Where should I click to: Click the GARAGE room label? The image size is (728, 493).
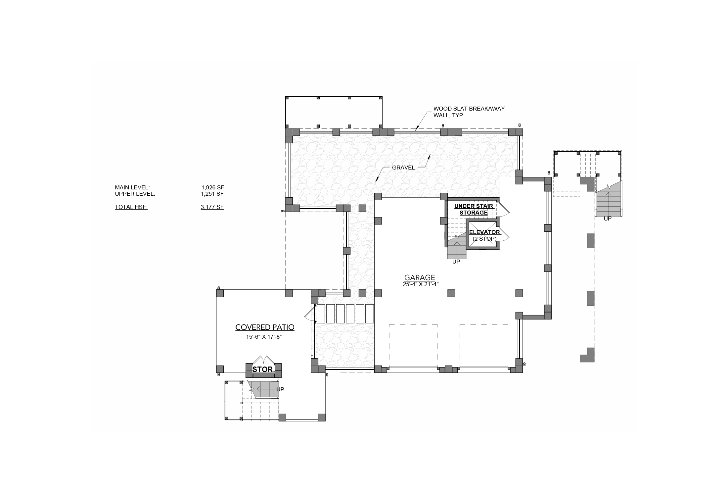point(420,277)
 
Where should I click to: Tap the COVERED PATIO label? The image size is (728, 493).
point(265,327)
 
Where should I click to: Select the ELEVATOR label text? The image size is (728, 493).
point(484,232)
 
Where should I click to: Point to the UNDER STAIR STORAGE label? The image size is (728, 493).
point(474,209)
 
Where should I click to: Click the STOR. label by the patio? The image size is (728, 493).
point(264,370)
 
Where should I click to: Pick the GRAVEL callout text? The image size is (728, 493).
point(403,168)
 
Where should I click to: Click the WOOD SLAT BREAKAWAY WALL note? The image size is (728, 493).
point(469,112)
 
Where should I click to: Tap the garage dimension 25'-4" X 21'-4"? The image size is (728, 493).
point(420,284)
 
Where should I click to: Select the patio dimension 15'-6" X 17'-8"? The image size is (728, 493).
point(264,337)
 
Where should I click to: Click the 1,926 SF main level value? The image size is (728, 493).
point(213,187)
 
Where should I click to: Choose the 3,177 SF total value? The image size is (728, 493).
point(212,207)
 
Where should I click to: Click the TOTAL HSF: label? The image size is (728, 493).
point(131,207)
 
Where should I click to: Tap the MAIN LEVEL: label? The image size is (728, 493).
point(132,187)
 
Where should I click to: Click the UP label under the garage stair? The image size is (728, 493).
point(456,262)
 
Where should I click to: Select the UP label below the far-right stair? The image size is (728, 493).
point(608,219)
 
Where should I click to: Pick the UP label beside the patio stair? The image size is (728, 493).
point(280,389)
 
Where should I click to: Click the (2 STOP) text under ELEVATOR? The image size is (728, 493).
point(484,238)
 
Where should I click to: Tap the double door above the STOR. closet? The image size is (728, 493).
point(264,360)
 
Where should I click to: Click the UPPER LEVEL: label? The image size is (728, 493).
point(135,194)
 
